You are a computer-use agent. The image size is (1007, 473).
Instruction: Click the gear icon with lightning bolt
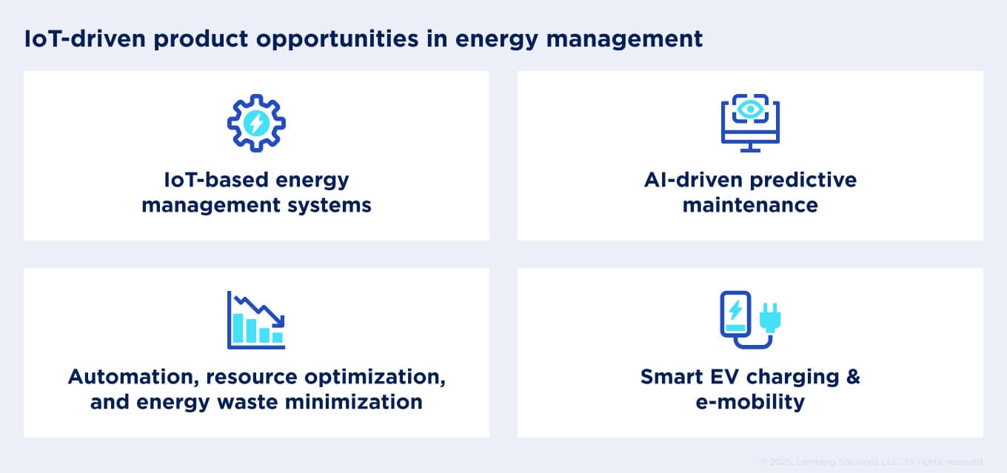point(256,123)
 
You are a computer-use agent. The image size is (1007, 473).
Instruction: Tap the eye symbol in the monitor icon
point(750,109)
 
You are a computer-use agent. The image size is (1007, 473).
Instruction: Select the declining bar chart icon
point(256,320)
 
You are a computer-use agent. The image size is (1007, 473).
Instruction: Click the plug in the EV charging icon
point(771,317)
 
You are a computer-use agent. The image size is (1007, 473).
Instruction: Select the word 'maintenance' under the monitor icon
point(750,204)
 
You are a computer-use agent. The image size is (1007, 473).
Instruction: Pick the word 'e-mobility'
point(750,402)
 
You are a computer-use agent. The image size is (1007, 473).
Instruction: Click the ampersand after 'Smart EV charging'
point(852,376)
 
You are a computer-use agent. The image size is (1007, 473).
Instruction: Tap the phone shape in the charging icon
point(735,317)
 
